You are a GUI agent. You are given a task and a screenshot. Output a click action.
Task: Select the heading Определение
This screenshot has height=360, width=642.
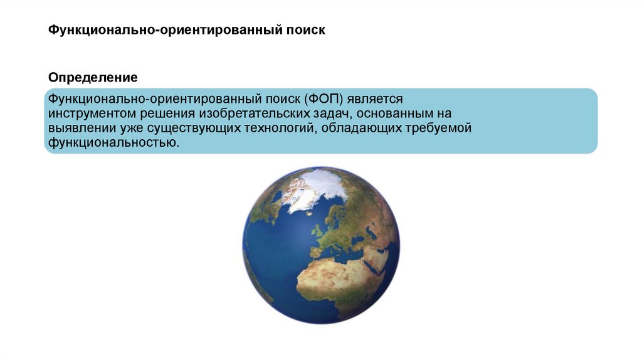pyautogui.click(x=93, y=78)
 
